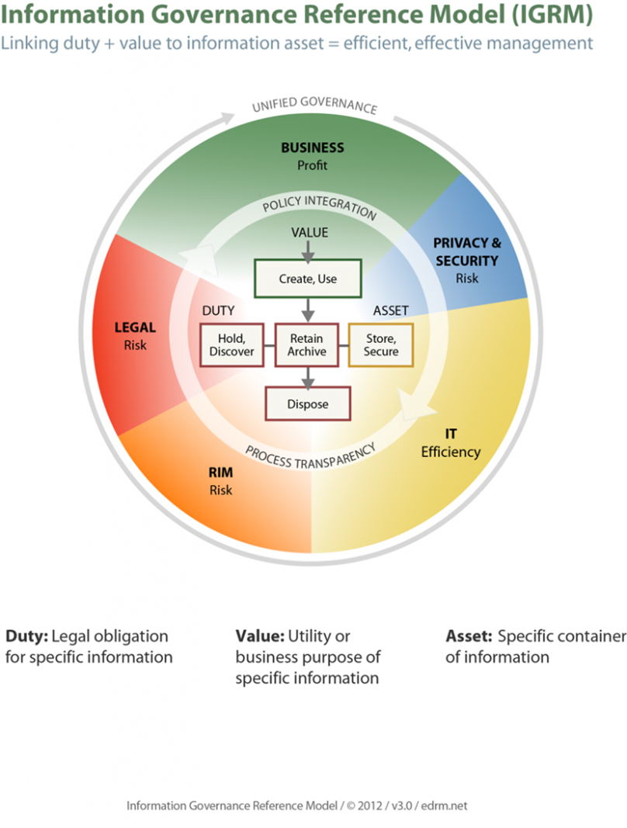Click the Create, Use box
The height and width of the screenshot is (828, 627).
(x=308, y=279)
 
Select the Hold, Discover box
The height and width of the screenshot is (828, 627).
(x=231, y=345)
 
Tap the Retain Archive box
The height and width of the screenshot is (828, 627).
(x=307, y=345)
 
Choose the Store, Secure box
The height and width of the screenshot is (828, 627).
(x=380, y=345)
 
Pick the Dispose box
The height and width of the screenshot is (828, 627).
(x=308, y=404)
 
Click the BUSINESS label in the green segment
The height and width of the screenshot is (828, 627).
(x=312, y=147)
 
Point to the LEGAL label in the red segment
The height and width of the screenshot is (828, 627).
(x=135, y=327)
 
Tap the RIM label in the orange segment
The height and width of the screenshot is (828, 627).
(x=220, y=473)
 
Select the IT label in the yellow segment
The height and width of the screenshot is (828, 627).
(x=450, y=434)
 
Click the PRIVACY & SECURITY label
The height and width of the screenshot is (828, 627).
(x=466, y=252)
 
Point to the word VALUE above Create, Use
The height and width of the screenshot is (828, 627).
(x=309, y=232)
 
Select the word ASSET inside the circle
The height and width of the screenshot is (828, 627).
(x=391, y=310)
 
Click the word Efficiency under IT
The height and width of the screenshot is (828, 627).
(x=451, y=452)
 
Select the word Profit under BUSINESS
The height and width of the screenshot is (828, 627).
(x=312, y=165)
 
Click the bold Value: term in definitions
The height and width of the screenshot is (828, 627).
(x=260, y=636)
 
